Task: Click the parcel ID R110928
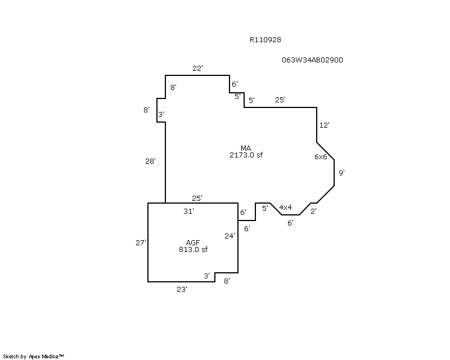(265, 39)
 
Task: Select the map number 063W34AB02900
(312, 60)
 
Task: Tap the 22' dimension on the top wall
(197, 68)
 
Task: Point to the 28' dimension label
(150, 161)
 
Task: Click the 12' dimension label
(325, 125)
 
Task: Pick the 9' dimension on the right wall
(341, 173)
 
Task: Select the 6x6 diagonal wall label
(321, 156)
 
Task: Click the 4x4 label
(286, 207)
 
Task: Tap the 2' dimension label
(313, 211)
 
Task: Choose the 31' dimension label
(188, 211)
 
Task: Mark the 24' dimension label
(229, 236)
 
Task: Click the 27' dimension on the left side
(141, 242)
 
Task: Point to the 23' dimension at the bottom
(182, 289)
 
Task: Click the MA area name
(246, 148)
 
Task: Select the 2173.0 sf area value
(246, 155)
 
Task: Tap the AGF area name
(193, 242)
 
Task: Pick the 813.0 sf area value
(193, 250)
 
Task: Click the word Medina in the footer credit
(50, 357)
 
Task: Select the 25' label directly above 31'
(197, 198)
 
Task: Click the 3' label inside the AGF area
(206, 276)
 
